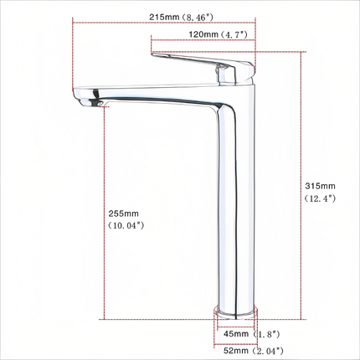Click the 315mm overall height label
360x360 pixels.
pos(320,185)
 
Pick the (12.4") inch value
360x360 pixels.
pos(320,198)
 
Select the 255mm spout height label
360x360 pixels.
pos(124,213)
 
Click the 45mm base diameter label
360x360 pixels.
pos(235,333)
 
